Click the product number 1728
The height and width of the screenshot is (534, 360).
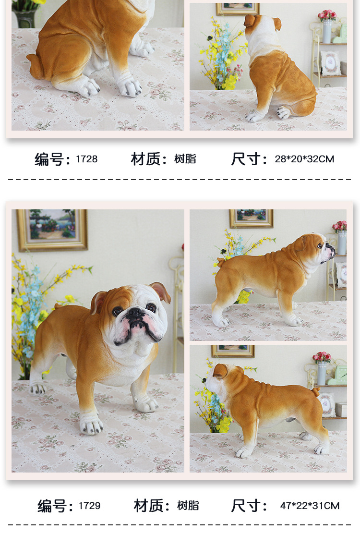[86, 159]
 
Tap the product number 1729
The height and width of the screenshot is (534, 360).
[89, 506]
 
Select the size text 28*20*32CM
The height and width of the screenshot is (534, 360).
[304, 159]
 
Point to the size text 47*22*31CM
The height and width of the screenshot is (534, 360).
[310, 506]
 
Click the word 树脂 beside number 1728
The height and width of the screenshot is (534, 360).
[185, 159]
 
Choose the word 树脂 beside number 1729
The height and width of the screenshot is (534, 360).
[188, 506]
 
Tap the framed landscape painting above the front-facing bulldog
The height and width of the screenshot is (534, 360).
[52, 230]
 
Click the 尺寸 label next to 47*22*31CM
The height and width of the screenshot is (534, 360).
[249, 506]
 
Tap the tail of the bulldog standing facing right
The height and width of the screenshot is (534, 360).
[221, 262]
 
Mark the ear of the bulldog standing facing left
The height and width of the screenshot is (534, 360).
[220, 371]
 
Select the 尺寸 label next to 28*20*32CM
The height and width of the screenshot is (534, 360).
[248, 159]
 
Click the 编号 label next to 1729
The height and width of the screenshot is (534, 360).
[55, 506]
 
